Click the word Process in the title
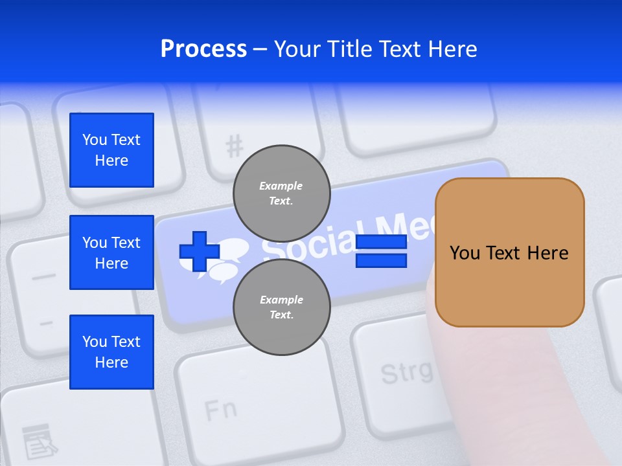coord(203,49)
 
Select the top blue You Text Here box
coord(111,150)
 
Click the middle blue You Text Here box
coord(111,252)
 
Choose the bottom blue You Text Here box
coord(111,352)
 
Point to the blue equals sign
coord(381,252)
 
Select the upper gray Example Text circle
coord(281,193)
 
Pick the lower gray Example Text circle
coord(281,307)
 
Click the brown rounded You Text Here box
coord(509,252)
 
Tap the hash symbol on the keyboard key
coord(234,146)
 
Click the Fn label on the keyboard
coord(220,410)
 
